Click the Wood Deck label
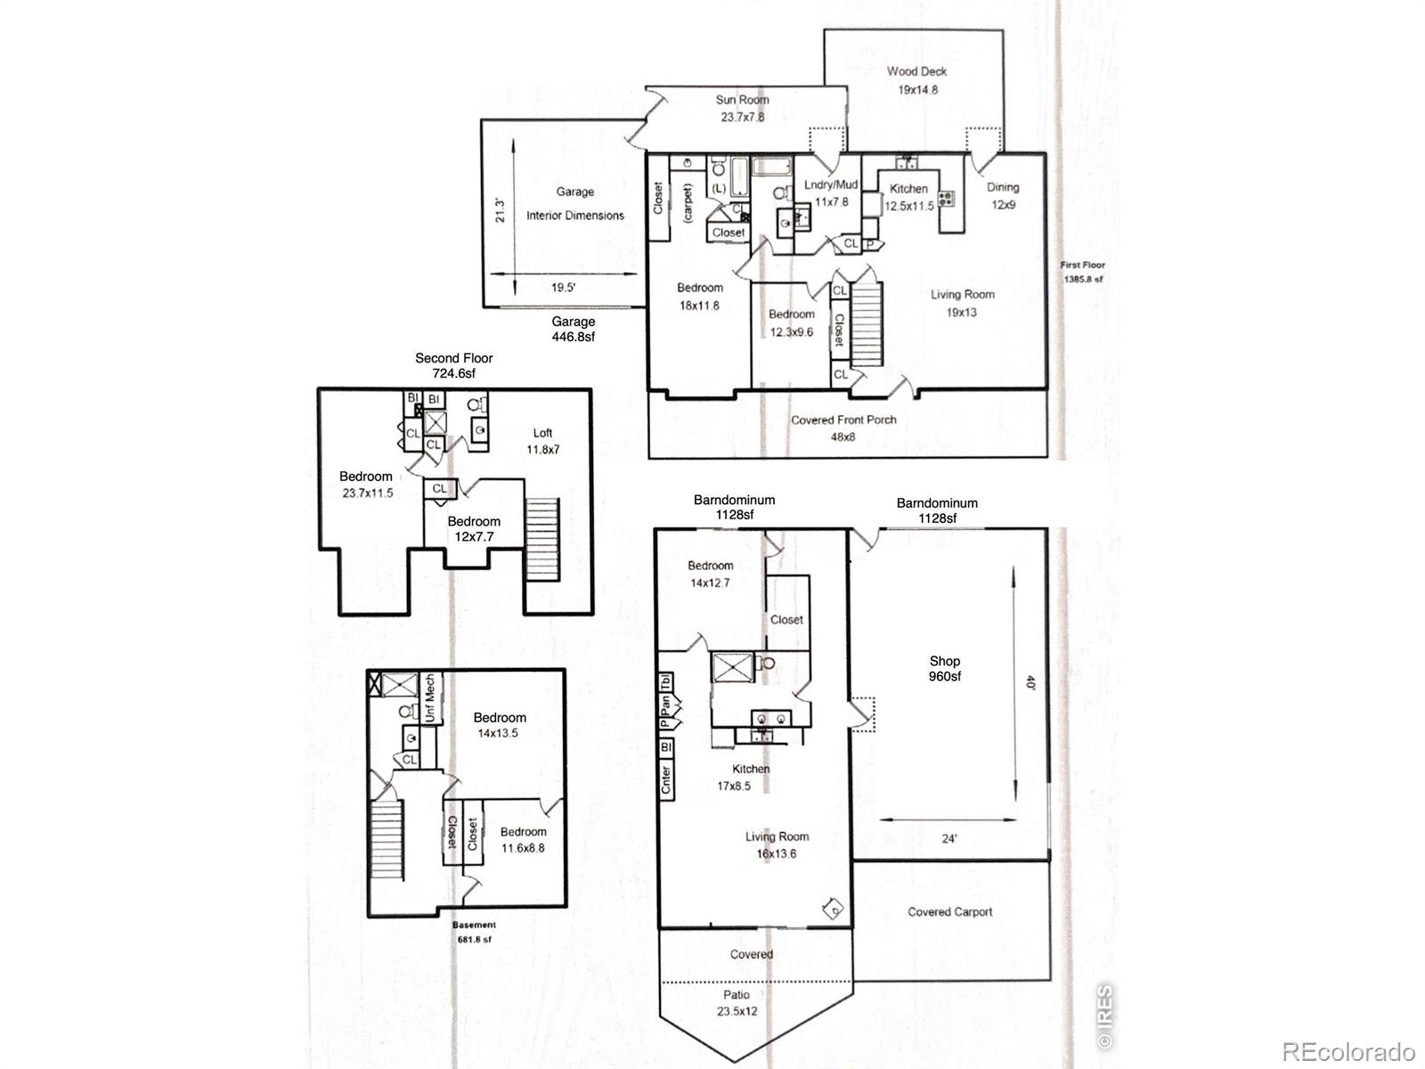(916, 71)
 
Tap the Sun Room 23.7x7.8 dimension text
(742, 118)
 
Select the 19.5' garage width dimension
(563, 288)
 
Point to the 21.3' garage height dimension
(500, 210)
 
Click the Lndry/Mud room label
(831, 185)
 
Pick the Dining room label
(1003, 188)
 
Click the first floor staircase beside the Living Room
(867, 323)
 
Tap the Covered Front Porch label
(843, 420)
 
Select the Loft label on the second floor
(542, 433)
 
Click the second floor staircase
(542, 539)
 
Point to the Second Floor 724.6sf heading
(454, 365)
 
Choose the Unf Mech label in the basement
(429, 698)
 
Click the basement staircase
(387, 841)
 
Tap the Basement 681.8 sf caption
(475, 932)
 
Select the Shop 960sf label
(945, 668)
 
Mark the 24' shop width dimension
(949, 838)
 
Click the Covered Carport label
(949, 912)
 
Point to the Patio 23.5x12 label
(737, 1003)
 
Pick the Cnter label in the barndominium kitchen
(666, 779)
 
